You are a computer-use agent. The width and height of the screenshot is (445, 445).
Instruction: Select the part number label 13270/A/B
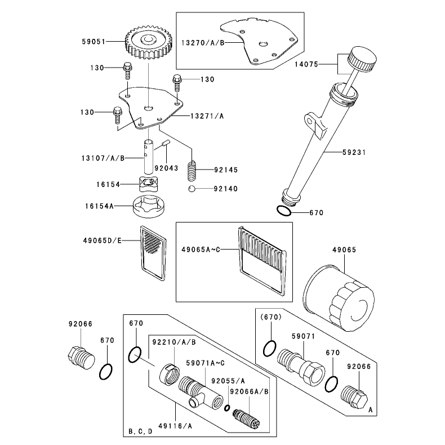click(203, 43)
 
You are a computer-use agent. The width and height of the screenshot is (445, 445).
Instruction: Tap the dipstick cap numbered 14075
click(362, 60)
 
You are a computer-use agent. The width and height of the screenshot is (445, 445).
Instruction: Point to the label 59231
click(354, 153)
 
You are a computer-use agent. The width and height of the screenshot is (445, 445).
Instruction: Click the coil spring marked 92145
click(192, 171)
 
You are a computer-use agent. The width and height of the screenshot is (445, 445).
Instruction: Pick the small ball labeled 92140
click(192, 189)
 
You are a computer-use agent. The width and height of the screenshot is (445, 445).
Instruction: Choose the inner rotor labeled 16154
click(149, 184)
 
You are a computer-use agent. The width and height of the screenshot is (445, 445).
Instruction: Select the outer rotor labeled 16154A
click(149, 206)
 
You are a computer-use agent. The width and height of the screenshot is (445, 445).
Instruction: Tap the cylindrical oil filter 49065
click(339, 298)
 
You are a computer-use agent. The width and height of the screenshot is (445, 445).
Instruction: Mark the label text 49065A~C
click(201, 250)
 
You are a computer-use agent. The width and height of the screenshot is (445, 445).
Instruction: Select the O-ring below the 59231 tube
click(284, 211)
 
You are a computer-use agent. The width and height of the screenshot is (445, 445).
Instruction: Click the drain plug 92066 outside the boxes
click(81, 357)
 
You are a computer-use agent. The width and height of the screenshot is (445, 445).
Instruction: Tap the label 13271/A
click(207, 116)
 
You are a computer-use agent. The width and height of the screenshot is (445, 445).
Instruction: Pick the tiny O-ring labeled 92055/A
click(227, 408)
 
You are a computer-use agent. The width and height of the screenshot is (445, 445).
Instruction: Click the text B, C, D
click(140, 431)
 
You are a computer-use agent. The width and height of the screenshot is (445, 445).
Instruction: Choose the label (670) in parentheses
click(271, 317)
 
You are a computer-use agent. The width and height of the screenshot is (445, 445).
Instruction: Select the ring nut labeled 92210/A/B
click(170, 375)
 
